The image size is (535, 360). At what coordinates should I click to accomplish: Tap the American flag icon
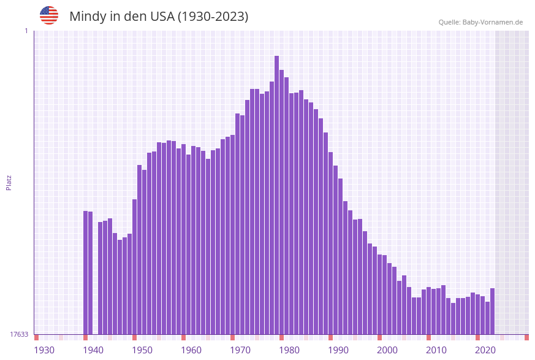[x=49, y=15]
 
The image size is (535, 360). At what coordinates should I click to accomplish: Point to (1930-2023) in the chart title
[x=213, y=17]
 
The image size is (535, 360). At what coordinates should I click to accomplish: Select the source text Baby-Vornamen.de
[x=493, y=22]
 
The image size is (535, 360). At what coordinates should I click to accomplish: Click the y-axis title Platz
[x=9, y=182]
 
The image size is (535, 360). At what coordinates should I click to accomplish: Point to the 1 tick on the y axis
[x=26, y=31]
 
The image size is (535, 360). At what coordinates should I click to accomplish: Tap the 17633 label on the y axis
[x=19, y=334]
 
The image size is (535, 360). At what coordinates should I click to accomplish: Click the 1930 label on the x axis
[x=44, y=350]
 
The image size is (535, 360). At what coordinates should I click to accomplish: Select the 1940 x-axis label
[x=93, y=350]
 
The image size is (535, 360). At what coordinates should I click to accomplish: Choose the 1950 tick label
[x=142, y=350]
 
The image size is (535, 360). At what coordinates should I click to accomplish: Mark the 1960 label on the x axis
[x=191, y=350]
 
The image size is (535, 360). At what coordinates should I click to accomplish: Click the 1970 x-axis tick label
[x=240, y=350]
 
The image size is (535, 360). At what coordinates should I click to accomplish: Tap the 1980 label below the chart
[x=289, y=350]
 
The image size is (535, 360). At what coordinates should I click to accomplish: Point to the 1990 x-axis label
[x=338, y=350]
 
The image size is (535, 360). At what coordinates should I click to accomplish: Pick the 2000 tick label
[x=387, y=350]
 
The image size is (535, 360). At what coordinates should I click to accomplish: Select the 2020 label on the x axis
[x=485, y=350]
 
